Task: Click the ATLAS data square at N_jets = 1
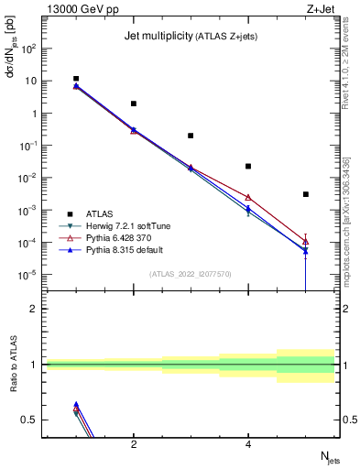coord(76,79)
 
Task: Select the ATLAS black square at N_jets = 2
coord(134,104)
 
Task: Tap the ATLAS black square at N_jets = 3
coord(191,136)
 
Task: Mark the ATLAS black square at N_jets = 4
coord(248,166)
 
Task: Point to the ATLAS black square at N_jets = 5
coord(306,194)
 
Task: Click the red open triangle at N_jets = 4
coord(248,197)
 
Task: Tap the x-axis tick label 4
coord(248,445)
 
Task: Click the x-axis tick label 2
coord(134,445)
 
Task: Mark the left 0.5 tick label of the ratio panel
coord(28,420)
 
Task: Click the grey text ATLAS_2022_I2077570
coord(191,274)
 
